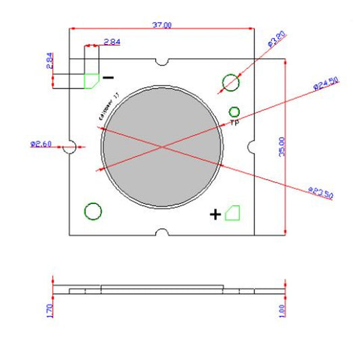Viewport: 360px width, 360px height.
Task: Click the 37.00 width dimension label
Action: click(x=162, y=25)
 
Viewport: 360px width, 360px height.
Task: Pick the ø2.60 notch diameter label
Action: click(x=42, y=144)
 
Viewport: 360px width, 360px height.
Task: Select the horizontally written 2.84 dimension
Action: click(x=112, y=42)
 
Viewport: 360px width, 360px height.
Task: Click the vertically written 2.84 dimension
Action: click(x=49, y=61)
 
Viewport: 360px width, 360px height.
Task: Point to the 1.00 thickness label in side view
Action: click(x=282, y=311)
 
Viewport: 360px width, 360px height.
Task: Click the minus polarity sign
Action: click(x=108, y=78)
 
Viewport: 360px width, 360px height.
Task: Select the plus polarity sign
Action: click(x=215, y=215)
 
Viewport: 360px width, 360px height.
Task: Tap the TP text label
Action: click(x=235, y=124)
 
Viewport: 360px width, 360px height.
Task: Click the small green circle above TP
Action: click(x=235, y=111)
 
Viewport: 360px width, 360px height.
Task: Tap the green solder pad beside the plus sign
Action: click(x=234, y=213)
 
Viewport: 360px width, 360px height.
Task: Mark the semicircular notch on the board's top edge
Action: click(x=161, y=62)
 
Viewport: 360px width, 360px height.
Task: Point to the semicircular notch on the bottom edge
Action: click(x=161, y=233)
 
